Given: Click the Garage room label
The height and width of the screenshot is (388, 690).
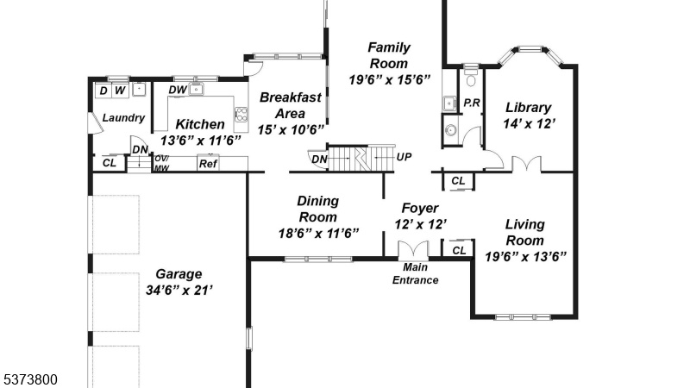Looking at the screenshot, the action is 179,274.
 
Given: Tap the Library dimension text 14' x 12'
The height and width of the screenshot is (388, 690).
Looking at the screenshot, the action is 529,123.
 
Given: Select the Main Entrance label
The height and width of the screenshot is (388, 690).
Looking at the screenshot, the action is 416,273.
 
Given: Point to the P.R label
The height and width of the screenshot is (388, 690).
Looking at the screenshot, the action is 472,103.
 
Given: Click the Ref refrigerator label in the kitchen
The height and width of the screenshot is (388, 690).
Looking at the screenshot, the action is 208,164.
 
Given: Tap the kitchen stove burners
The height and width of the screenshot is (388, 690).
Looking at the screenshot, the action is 241,114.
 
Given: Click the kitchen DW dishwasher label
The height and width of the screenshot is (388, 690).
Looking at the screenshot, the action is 178,90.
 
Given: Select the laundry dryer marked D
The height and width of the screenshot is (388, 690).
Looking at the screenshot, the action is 103,91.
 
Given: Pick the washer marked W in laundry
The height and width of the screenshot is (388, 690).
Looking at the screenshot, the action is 120,91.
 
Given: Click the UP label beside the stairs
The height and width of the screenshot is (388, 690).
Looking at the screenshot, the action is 404,157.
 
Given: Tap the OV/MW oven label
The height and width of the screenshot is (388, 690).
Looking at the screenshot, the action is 162,163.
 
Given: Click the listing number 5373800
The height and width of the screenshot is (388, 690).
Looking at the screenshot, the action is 30,379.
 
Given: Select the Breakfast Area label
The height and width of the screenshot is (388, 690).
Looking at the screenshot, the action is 291,105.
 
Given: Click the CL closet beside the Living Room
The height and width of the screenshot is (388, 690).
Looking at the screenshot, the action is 459,250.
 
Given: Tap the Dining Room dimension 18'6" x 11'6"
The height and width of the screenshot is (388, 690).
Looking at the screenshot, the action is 318,233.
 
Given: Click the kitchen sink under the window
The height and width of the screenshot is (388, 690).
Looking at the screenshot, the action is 196,90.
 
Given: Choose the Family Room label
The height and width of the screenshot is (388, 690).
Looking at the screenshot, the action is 389,55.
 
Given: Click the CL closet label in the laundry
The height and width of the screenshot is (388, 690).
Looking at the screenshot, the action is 110,163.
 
